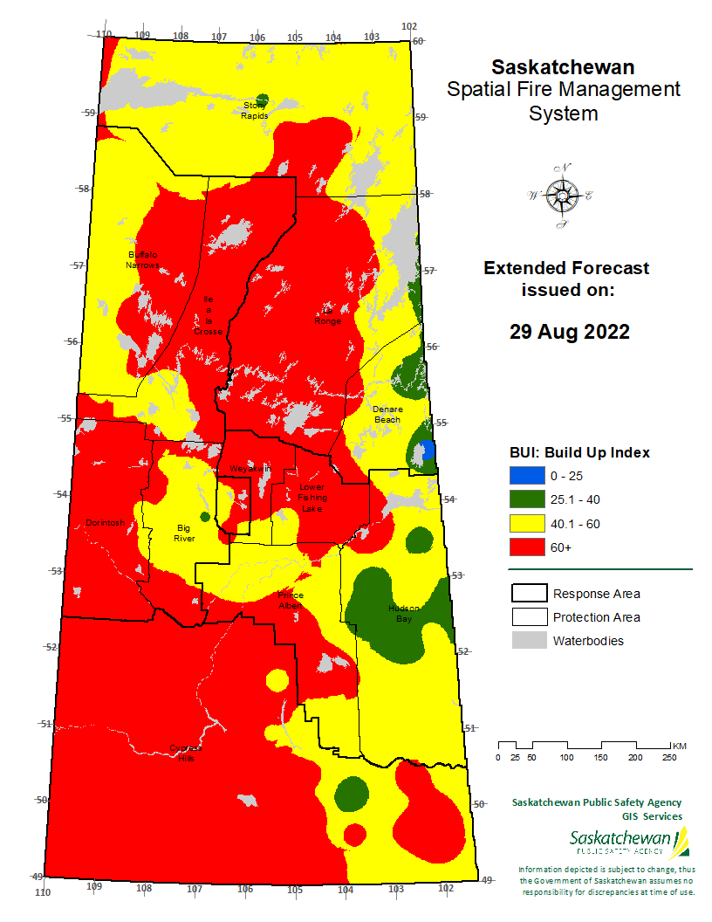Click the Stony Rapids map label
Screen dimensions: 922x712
coord(256,110)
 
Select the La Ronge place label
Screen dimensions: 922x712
coord(329,315)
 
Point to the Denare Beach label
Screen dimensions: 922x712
coord(387,414)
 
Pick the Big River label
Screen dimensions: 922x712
coord(183,533)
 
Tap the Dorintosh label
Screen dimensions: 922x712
coord(106,523)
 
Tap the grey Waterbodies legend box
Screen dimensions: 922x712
coord(528,641)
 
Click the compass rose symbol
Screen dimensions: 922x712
coord(561,196)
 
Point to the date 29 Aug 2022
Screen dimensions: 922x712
coord(569,332)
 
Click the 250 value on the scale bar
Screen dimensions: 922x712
coord(669,757)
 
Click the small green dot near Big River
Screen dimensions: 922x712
coord(205,517)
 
